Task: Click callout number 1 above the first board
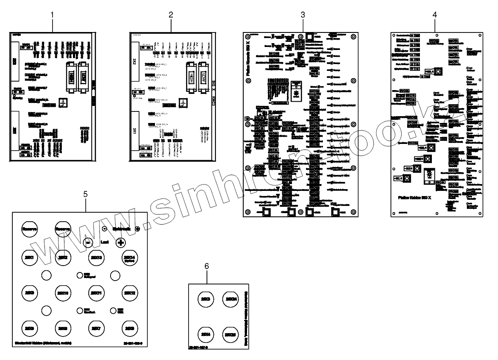pyautogui.click(x=52, y=15)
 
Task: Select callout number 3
pyautogui.click(x=303, y=15)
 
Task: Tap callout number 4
pyautogui.click(x=434, y=15)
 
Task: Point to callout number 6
pyautogui.click(x=207, y=266)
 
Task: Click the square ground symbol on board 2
pyautogui.click(x=183, y=103)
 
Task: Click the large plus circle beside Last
pyautogui.click(x=120, y=243)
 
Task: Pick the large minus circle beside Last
pyautogui.click(x=88, y=243)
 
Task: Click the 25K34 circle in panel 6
pyautogui.click(x=230, y=298)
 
